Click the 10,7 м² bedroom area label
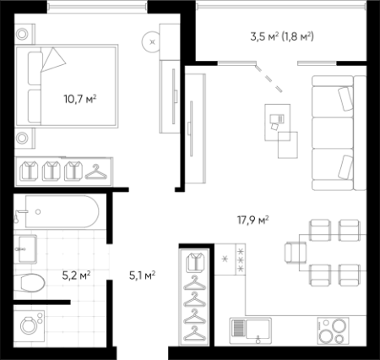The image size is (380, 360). [80, 99]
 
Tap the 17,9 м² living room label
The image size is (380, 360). [252, 220]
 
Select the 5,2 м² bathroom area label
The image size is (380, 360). [76, 275]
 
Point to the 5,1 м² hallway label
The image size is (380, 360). [143, 275]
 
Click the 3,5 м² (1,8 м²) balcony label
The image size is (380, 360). [282, 36]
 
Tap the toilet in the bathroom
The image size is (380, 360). [30, 282]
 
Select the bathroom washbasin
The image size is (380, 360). [27, 249]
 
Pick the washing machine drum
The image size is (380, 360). [28, 326]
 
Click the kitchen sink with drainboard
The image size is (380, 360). [251, 331]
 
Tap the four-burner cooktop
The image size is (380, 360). [333, 331]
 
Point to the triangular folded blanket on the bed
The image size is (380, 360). [53, 59]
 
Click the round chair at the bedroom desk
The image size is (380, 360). [151, 41]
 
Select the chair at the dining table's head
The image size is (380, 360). [295, 253]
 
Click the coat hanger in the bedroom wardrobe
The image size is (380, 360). [96, 172]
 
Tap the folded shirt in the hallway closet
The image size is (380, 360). [194, 263]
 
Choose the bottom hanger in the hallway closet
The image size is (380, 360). [194, 334]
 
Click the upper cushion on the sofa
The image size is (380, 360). [346, 99]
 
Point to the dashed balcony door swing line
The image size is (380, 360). [269, 79]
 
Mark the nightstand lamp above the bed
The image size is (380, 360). [22, 35]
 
